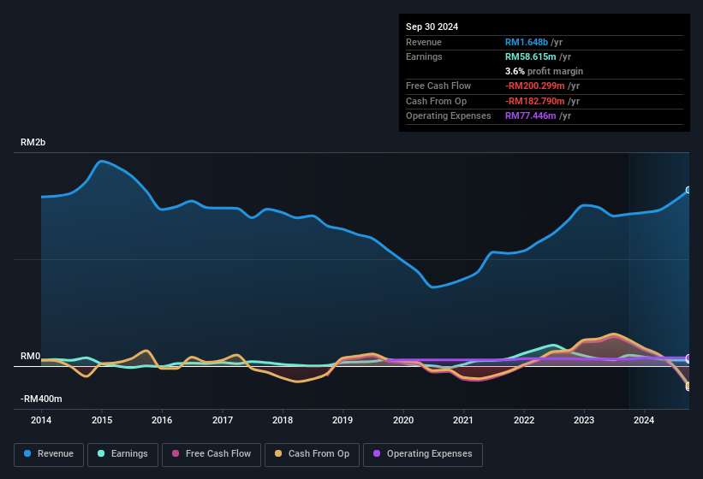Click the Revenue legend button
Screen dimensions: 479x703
click(49, 453)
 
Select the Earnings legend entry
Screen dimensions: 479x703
click(122, 453)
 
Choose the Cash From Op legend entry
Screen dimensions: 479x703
click(313, 453)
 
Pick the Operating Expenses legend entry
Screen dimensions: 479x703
click(423, 453)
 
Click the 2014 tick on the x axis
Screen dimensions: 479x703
click(41, 420)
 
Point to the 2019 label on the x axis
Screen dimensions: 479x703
click(343, 420)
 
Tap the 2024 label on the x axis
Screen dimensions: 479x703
click(644, 420)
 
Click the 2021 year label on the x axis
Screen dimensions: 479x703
click(463, 420)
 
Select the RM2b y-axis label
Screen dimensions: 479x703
click(33, 142)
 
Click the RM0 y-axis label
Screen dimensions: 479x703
click(30, 356)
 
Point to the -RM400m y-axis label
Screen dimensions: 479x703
click(41, 399)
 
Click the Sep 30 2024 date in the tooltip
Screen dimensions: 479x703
click(432, 27)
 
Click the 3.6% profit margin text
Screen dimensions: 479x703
click(545, 71)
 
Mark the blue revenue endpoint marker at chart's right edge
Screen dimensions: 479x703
click(688, 191)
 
